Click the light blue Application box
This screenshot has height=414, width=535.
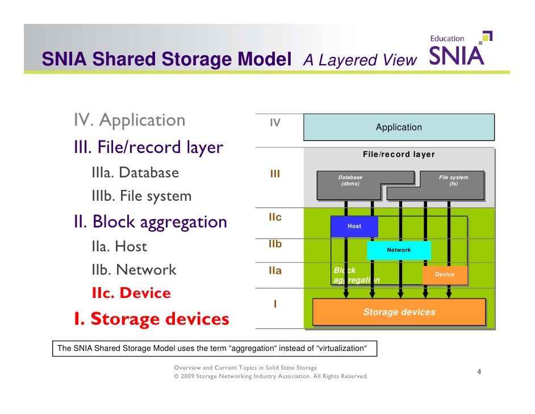[399, 127]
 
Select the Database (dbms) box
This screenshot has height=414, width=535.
[350, 181]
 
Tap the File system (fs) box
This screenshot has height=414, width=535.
[453, 181]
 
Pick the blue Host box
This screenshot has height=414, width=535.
[354, 226]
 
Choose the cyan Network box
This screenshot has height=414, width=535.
[399, 250]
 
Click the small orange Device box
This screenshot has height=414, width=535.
[444, 275]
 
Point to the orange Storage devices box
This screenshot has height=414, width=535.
[399, 312]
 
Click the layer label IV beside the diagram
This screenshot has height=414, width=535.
[275, 122]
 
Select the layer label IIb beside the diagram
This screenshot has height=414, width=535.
[275, 245]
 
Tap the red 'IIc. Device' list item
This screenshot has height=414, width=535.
[131, 293]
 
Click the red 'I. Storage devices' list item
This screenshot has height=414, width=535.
[151, 319]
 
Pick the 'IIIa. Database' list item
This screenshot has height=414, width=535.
[135, 173]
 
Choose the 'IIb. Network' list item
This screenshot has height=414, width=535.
[133, 270]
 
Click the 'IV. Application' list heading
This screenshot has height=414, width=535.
[129, 121]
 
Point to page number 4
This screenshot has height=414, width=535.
[479, 372]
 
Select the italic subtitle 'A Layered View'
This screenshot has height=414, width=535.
[360, 60]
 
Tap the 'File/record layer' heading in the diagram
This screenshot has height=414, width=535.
[399, 155]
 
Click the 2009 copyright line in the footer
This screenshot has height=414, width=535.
[270, 376]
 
